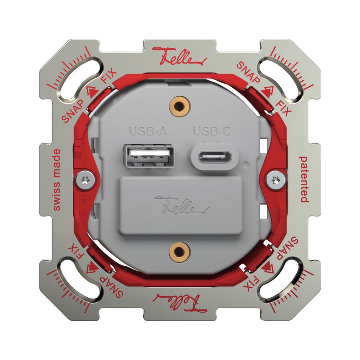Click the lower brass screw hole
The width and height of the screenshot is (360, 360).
pos(179,252)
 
